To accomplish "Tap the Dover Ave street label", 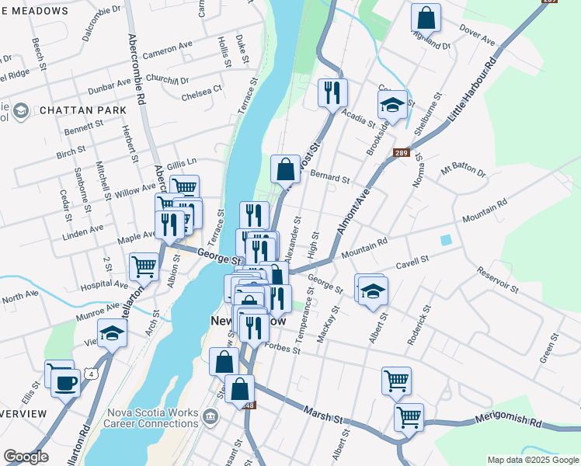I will coord(477,36).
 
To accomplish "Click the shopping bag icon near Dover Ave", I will coord(426,17).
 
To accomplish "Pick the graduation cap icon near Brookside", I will coord(392,105).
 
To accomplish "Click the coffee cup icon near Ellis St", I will coord(66,382).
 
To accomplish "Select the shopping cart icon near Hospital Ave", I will coord(144,266).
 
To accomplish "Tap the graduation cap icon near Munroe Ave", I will coord(113,334).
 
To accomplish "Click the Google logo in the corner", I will coord(26,457).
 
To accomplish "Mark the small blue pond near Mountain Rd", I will coord(445,241).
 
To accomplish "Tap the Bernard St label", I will coord(329,178).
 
